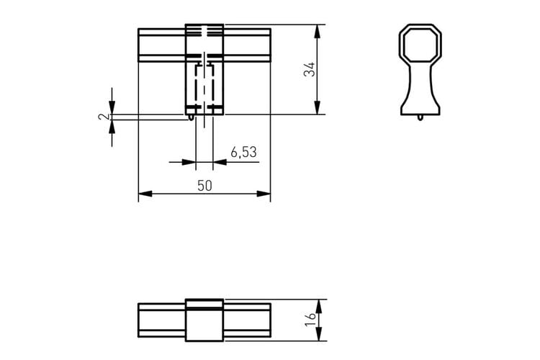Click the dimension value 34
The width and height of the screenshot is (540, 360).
310,69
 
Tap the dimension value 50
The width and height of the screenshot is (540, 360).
205,186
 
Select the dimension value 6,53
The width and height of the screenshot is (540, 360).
244,152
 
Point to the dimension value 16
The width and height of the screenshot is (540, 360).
310,320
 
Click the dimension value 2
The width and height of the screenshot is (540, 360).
103,117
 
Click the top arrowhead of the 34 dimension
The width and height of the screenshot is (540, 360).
318,31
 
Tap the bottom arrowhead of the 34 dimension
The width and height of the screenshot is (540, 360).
318,107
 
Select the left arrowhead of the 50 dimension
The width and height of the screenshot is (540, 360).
145,194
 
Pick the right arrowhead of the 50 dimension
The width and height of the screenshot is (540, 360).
264,194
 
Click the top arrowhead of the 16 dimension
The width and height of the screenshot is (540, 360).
318,306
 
